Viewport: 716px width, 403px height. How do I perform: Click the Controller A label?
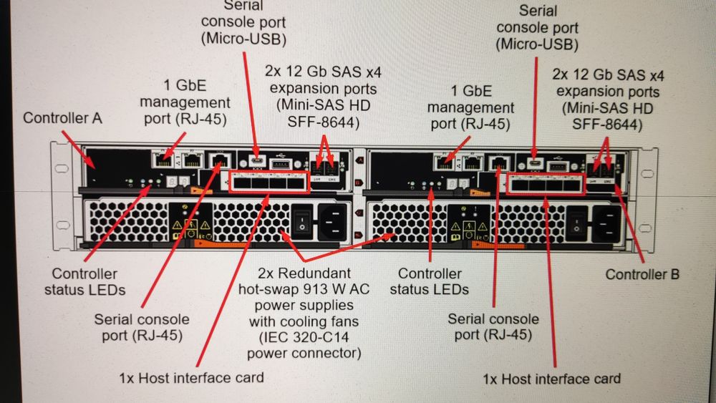click(x=62, y=117)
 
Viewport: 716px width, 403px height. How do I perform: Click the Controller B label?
click(x=642, y=274)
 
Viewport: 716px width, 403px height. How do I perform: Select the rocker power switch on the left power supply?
click(x=303, y=218)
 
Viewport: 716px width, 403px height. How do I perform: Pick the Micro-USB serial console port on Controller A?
click(x=257, y=160)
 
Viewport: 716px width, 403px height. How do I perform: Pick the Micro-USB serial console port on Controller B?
click(x=535, y=162)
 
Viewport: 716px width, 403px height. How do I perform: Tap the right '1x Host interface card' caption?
click(x=551, y=379)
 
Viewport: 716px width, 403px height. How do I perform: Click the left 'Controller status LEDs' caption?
click(x=84, y=282)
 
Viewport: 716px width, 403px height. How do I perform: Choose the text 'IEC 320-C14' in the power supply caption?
click(x=304, y=337)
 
